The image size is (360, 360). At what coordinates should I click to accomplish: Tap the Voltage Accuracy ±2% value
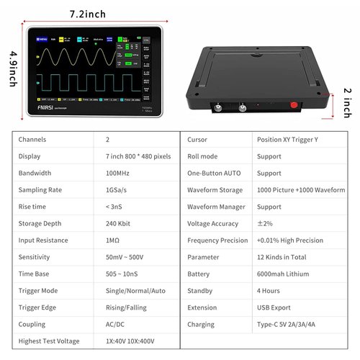click(x=266, y=223)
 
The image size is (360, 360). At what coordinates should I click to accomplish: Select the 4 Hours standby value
click(x=269, y=290)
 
